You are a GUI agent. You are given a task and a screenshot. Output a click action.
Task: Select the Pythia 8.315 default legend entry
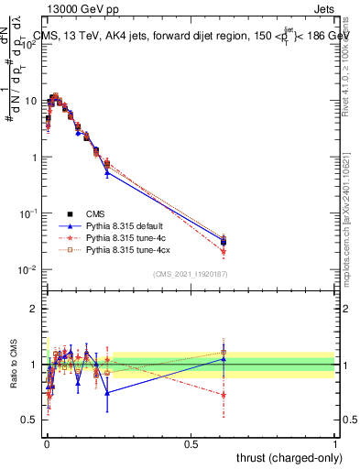pyautogui.click(x=121, y=224)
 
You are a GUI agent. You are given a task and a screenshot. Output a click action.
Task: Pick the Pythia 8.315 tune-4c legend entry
pyautogui.click(x=120, y=236)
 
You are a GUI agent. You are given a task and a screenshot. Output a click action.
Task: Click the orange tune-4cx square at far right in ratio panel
pyautogui.click(x=224, y=352)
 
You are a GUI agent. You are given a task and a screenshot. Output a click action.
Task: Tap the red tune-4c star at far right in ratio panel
pyautogui.click(x=224, y=395)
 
